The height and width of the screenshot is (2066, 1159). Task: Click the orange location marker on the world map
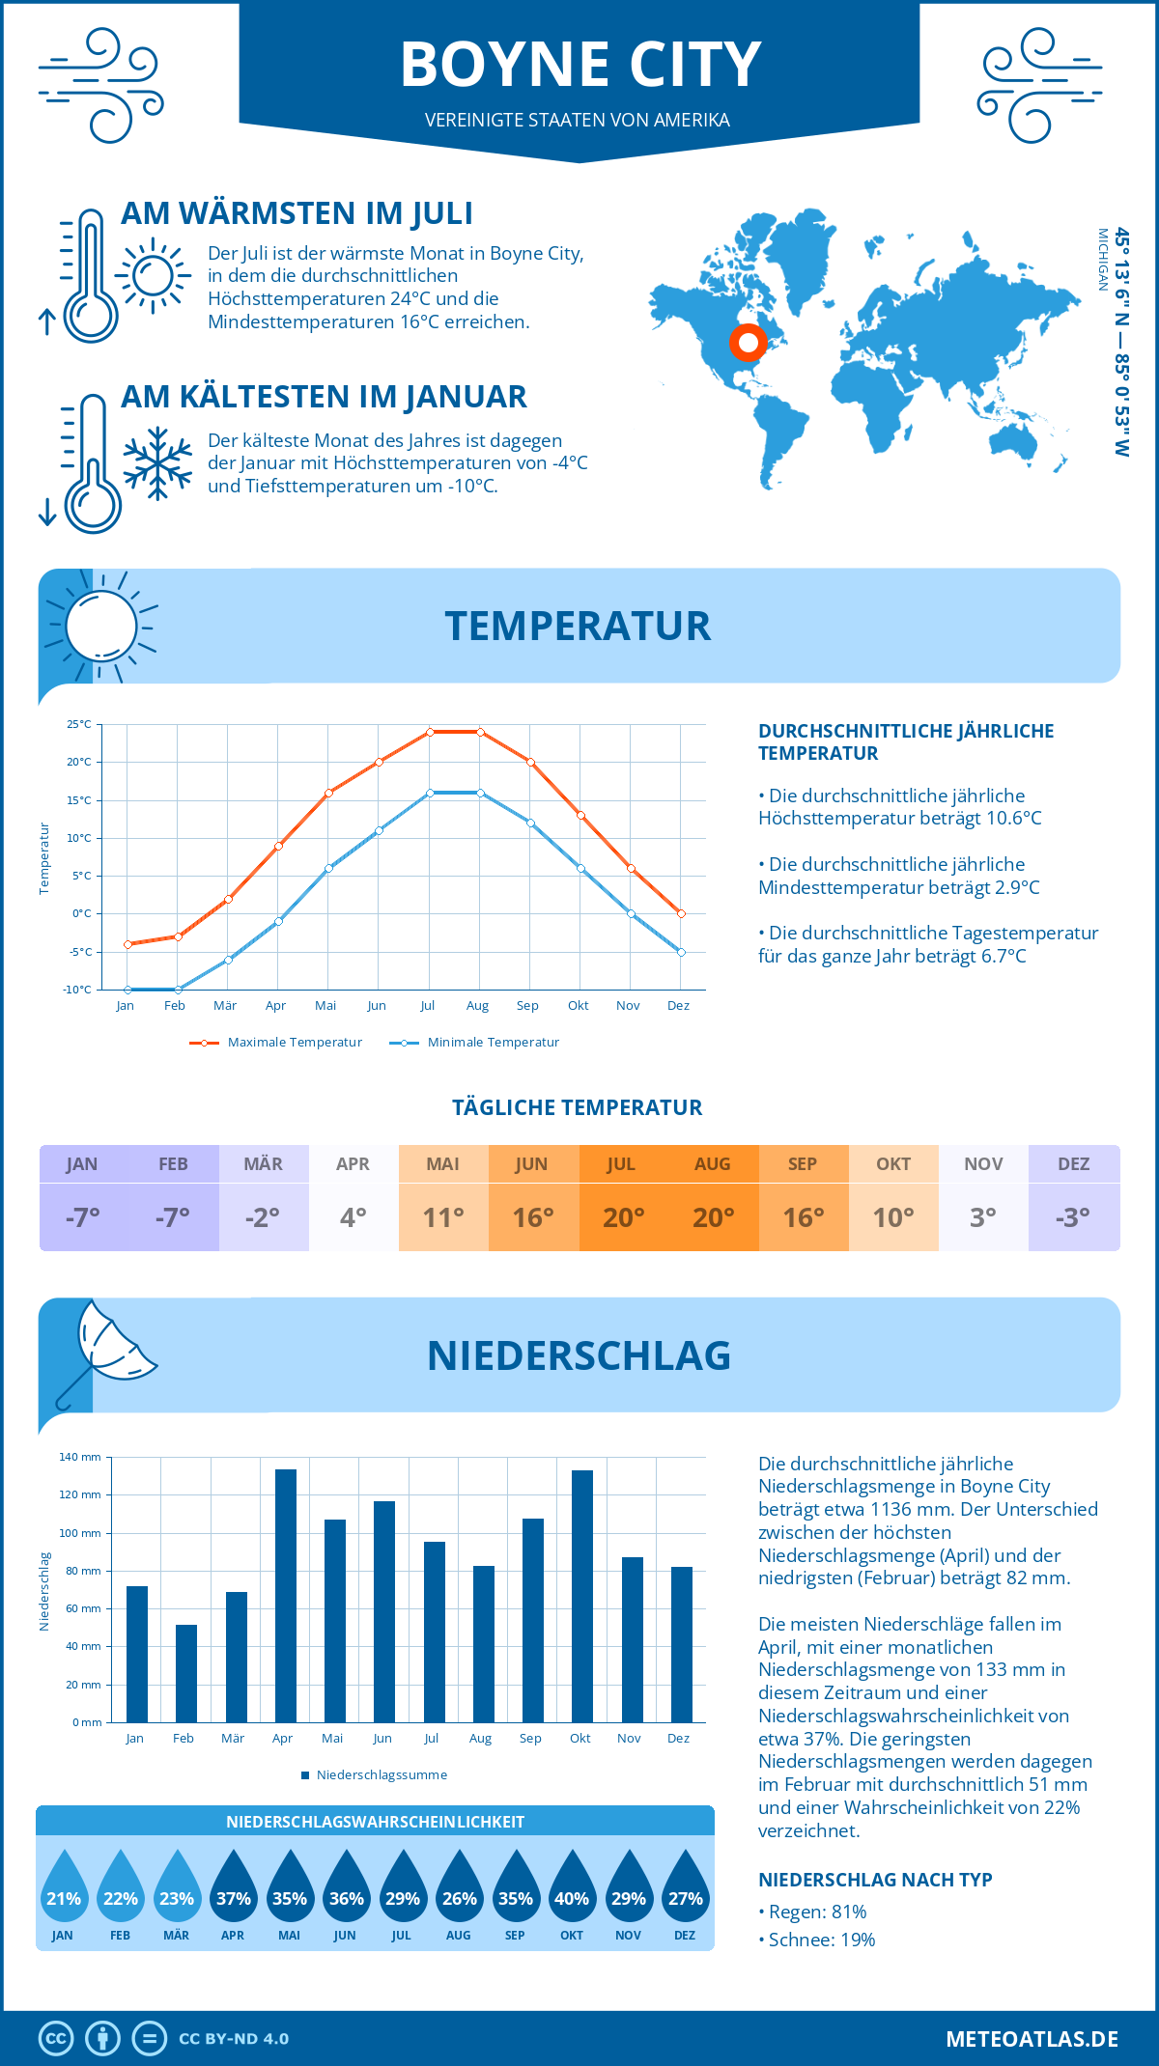pyautogui.click(x=748, y=342)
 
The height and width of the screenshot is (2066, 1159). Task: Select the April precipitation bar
pyautogui.click(x=286, y=1595)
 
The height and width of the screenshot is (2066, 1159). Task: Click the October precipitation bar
pyautogui.click(x=581, y=1595)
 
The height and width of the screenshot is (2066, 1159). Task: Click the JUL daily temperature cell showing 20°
pyautogui.click(x=623, y=1216)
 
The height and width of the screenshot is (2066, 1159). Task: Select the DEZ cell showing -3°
pyautogui.click(x=1073, y=1216)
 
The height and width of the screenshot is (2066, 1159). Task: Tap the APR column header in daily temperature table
pyautogui.click(x=353, y=1163)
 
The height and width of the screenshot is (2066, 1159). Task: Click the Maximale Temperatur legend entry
pyautogui.click(x=276, y=1042)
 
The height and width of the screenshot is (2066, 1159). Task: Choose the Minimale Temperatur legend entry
pyautogui.click(x=475, y=1042)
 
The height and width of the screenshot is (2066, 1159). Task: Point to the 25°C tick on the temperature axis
pyautogui.click(x=79, y=724)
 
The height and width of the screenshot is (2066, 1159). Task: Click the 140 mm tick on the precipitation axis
pyautogui.click(x=80, y=1457)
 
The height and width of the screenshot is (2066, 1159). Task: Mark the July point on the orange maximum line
pyautogui.click(x=430, y=732)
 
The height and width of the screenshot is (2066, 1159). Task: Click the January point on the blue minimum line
pyautogui.click(x=127, y=990)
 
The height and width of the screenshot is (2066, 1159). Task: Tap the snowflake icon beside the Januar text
pyautogui.click(x=157, y=463)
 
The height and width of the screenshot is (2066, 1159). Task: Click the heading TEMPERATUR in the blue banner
pyautogui.click(x=578, y=626)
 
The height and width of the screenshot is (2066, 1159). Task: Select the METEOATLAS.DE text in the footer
pyautogui.click(x=1032, y=2038)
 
